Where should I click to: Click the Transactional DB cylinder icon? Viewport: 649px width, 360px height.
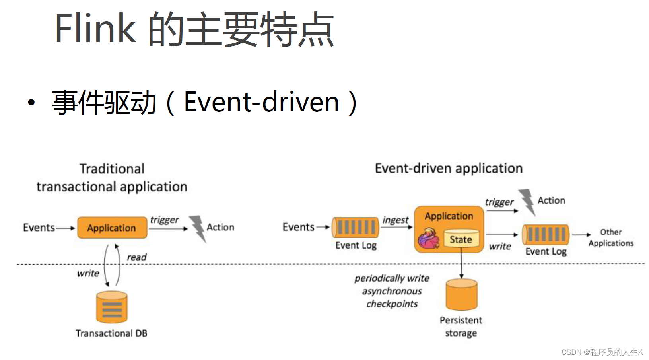point(112,307)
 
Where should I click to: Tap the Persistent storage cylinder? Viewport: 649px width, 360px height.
point(461,295)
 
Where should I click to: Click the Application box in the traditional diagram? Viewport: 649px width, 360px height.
point(112,228)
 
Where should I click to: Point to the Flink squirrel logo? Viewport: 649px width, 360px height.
point(428,238)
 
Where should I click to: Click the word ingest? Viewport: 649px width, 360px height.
point(395,220)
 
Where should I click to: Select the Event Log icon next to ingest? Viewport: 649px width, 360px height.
point(356,228)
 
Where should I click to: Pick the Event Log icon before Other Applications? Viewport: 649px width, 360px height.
point(546,234)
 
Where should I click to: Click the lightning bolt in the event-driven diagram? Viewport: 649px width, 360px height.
point(527,202)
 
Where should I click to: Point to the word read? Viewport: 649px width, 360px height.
point(136,257)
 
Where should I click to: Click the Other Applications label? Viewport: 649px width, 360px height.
point(611,237)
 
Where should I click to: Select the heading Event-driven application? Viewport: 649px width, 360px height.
point(449,169)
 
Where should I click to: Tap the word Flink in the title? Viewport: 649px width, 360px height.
point(95,28)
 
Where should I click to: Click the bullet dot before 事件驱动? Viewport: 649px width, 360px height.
point(31,103)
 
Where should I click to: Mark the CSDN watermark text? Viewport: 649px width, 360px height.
point(602,352)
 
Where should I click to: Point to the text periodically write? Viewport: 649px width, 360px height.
point(392,278)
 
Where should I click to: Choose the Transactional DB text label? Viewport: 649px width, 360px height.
point(111,333)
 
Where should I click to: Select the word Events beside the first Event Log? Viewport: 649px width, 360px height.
point(298,227)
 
